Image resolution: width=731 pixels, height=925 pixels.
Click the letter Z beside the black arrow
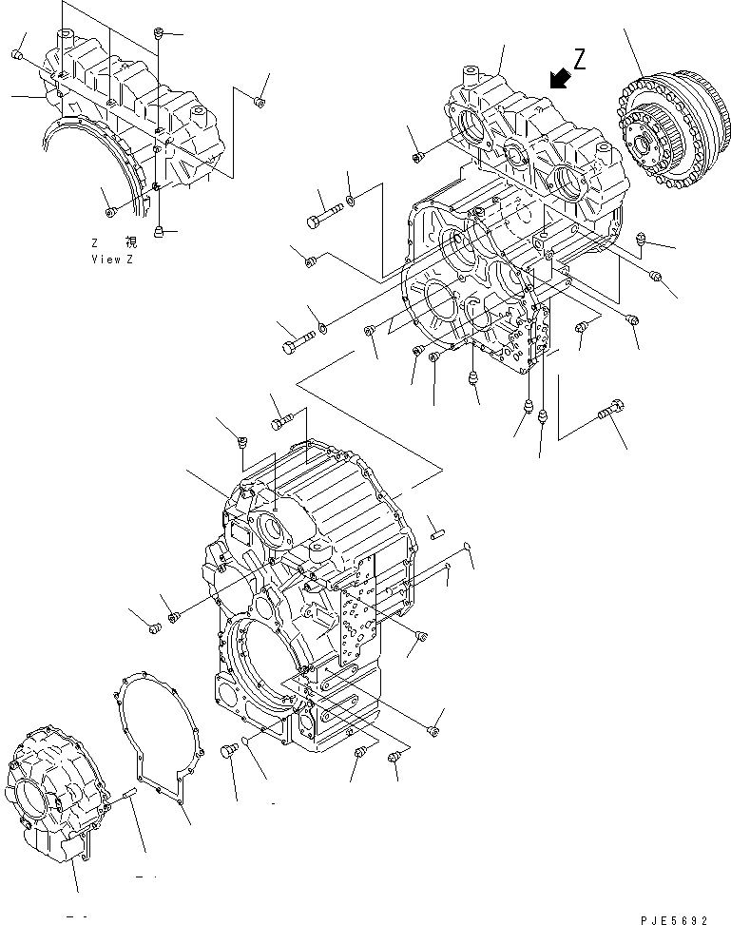pyautogui.click(x=580, y=59)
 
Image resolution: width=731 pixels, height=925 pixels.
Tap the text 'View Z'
pyautogui.click(x=112, y=260)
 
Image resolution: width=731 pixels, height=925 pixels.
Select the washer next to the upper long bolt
pyautogui.click(x=353, y=200)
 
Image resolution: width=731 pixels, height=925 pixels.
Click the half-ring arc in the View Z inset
pyautogui.click(x=95, y=162)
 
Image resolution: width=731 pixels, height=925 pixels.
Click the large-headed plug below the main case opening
pyautogui.click(x=227, y=751)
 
